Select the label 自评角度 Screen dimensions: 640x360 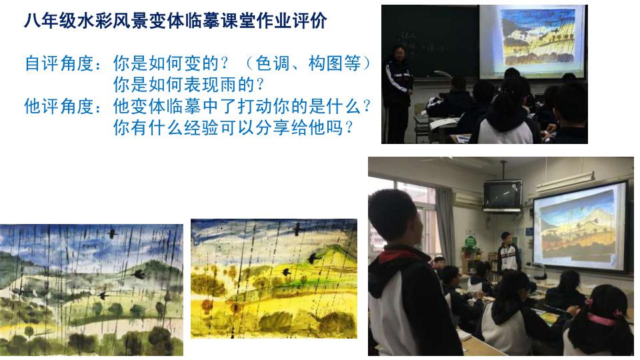[59, 63]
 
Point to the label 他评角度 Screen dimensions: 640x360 [59, 106]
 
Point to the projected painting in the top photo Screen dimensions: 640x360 [538, 40]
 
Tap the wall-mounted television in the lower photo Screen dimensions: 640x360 [502, 196]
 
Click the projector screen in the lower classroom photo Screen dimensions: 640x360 [580, 227]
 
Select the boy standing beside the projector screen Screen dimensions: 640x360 [507, 253]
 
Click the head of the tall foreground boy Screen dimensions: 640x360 [395, 216]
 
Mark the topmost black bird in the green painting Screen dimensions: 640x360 [112, 233]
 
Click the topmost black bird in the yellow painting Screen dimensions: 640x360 [299, 229]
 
